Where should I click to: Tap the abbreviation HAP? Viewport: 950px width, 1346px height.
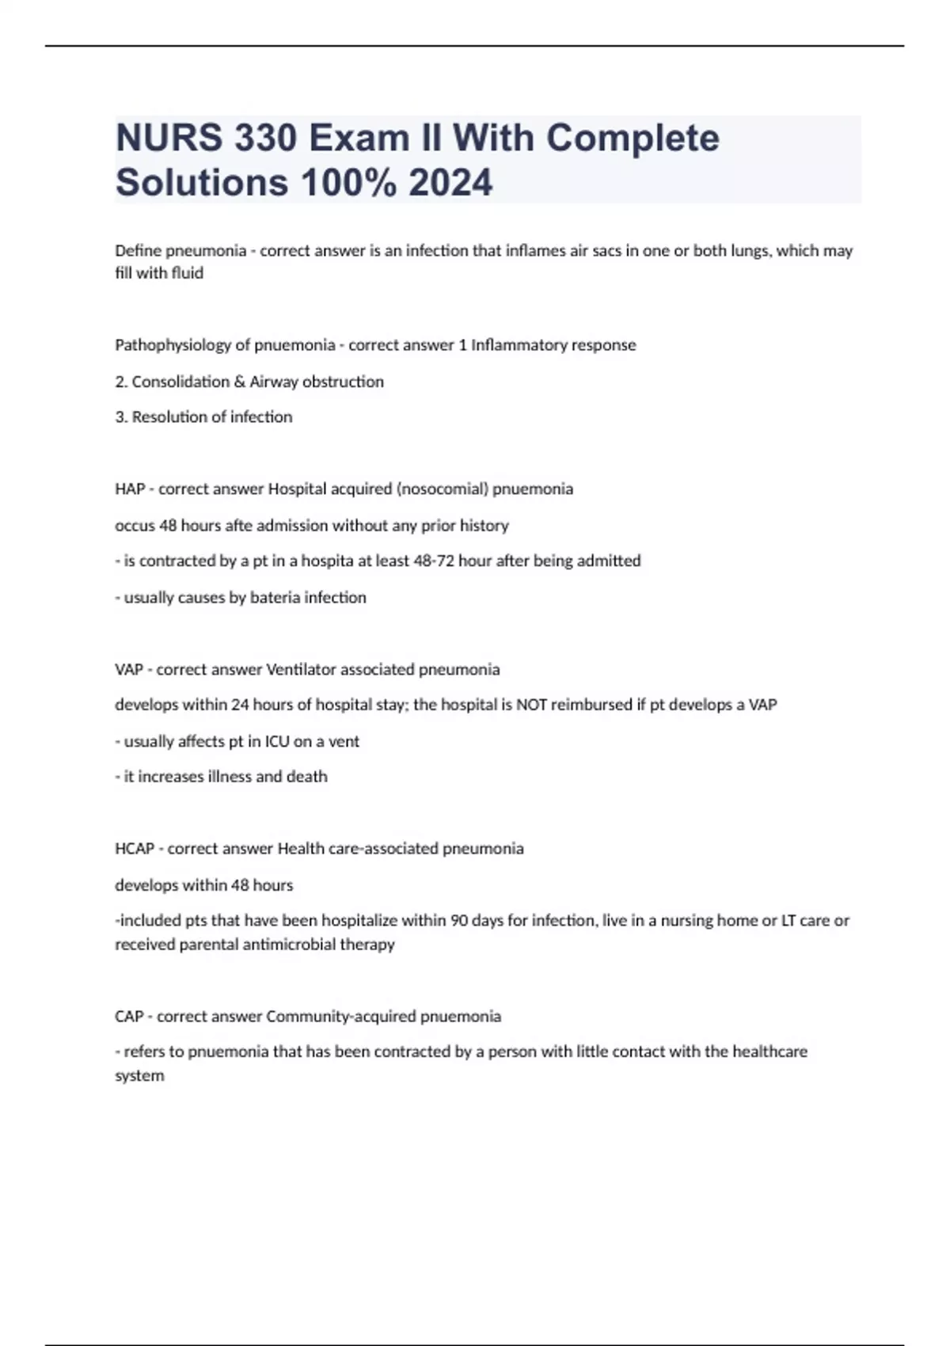pyautogui.click(x=130, y=489)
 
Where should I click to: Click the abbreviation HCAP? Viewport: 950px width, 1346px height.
pyautogui.click(x=135, y=849)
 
